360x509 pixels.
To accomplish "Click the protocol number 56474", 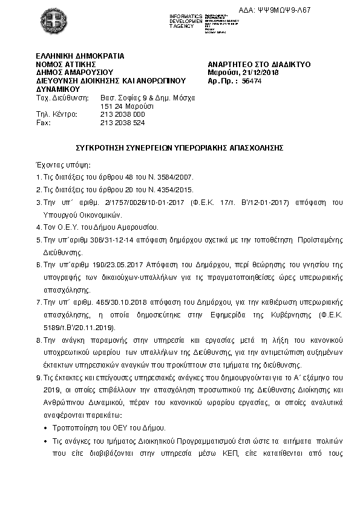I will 252,80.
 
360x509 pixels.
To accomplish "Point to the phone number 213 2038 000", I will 122,114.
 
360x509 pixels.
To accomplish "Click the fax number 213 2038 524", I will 122,122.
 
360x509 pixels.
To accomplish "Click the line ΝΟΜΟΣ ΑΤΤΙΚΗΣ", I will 66,63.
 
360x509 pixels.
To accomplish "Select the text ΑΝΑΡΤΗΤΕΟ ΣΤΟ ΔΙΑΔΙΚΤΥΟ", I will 259,63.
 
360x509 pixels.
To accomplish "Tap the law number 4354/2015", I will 175,189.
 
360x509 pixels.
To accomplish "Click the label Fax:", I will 44,122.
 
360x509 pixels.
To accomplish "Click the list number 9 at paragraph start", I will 39,377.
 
